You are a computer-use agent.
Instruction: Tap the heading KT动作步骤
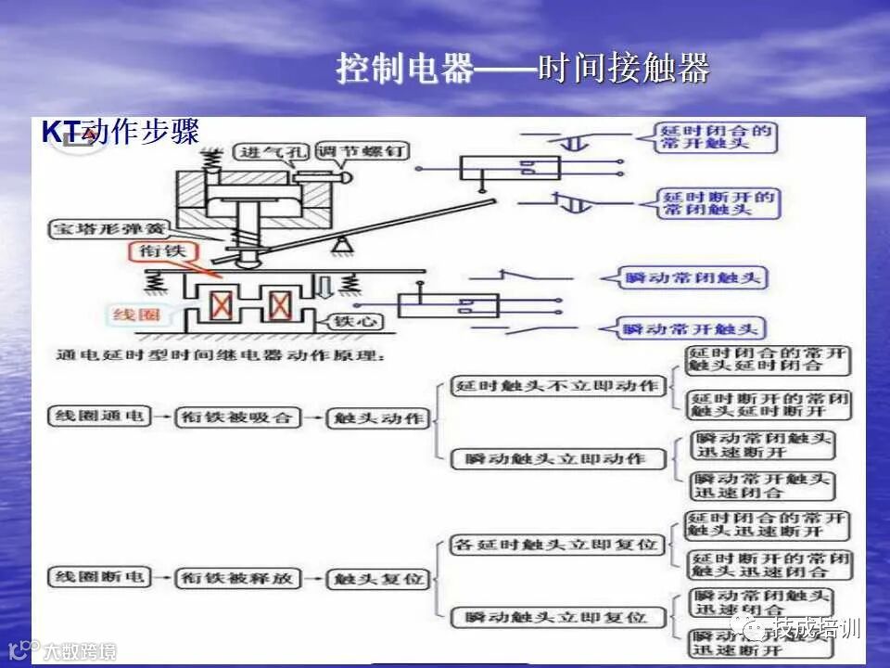[121, 132]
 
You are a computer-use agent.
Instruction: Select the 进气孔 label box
[262, 152]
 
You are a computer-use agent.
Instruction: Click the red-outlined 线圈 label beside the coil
[137, 315]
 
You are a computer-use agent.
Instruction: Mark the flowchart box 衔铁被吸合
[236, 417]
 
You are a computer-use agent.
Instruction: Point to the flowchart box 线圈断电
[98, 576]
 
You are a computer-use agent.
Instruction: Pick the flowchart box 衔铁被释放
[236, 578]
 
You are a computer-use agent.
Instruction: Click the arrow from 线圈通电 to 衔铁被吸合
[162, 417]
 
